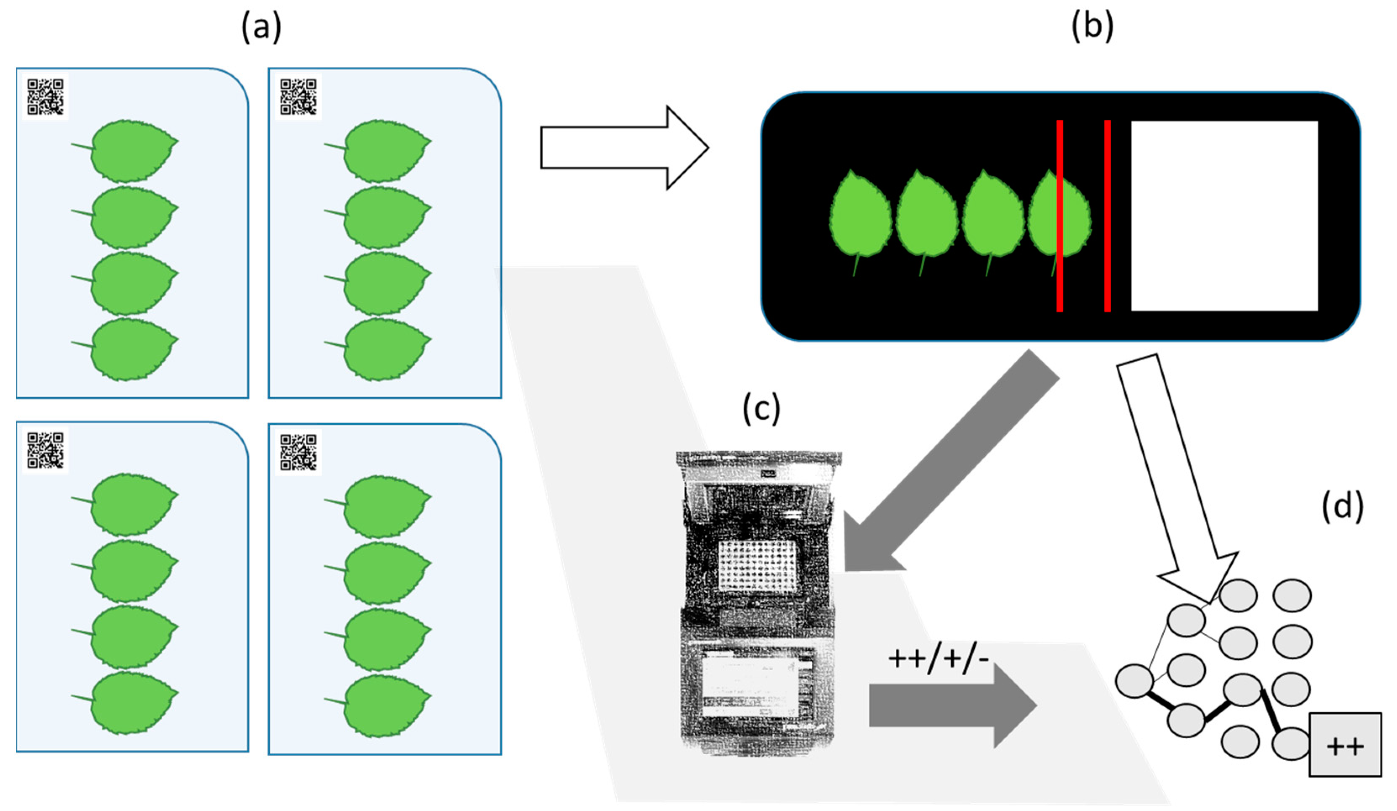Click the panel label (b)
tap(1092, 28)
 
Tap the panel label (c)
tap(761, 409)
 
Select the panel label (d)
tap(1343, 508)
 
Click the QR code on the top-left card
tap(45, 97)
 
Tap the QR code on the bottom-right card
tap(298, 452)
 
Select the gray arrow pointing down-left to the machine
tap(953, 460)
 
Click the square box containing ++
tap(1345, 745)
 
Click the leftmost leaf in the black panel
tap(860, 216)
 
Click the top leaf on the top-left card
tap(133, 151)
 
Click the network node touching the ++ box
tap(1291, 743)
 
